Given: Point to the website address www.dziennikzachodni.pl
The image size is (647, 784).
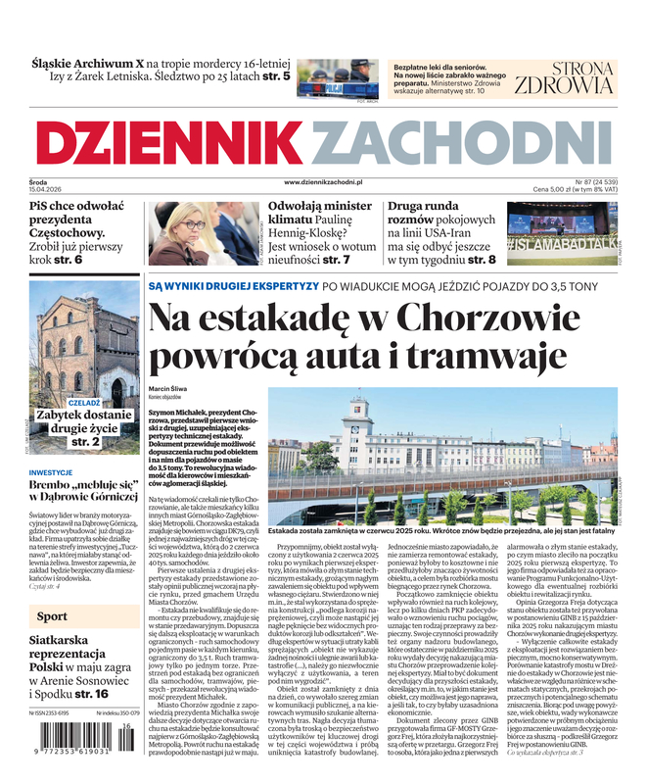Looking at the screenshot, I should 323,182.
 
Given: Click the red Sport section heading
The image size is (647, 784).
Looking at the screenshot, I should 52,616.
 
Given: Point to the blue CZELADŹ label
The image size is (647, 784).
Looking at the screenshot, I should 84,403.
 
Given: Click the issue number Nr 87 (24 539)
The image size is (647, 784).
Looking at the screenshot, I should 587,182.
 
